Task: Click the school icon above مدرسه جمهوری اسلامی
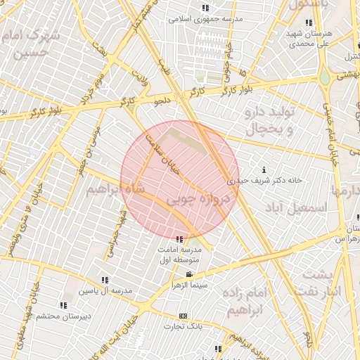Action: [205, 8]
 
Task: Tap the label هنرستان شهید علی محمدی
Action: [309, 38]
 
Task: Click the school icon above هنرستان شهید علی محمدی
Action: [309, 22]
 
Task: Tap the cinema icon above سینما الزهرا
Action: [188, 275]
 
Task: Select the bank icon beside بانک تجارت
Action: [184, 316]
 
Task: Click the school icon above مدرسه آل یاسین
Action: [105, 280]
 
